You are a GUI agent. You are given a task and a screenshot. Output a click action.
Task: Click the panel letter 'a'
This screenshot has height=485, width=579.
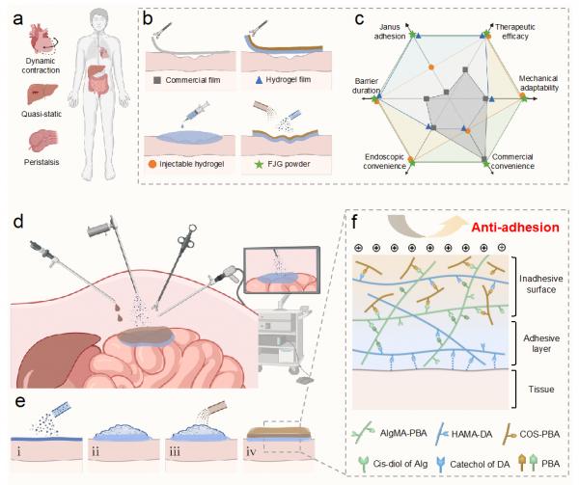click(17, 17)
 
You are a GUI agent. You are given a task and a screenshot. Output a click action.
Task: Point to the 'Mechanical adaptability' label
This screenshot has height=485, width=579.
click(537, 82)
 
